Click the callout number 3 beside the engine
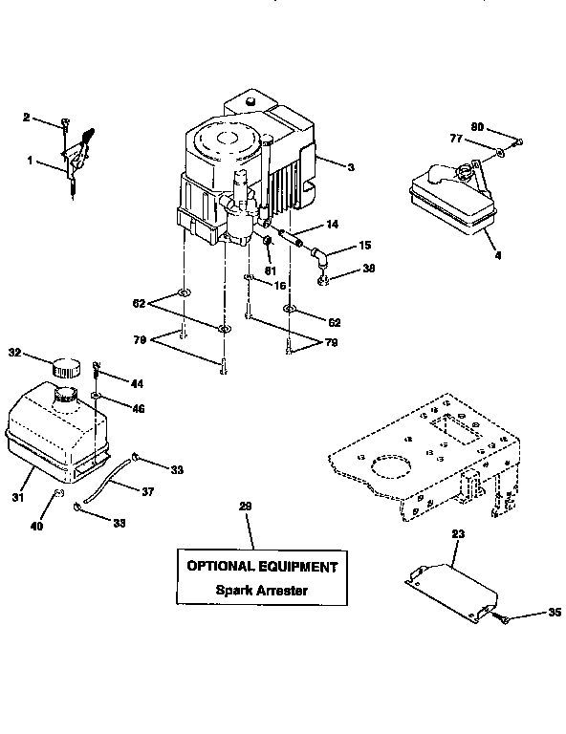coord(351,166)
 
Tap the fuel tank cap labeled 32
coord(66,366)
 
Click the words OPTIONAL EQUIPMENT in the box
coord(261,566)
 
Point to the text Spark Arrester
coord(261,590)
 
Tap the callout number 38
coord(368,269)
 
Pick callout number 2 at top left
coord(27,117)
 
